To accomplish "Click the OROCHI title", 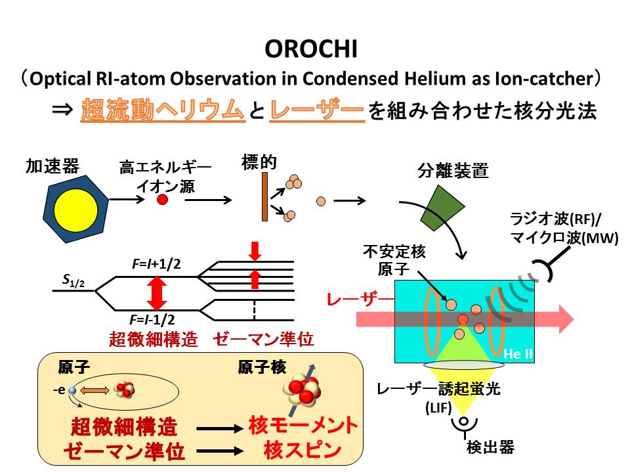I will [x=314, y=50].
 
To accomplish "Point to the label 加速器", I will [x=52, y=166].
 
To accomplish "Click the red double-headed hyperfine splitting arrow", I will [x=156, y=293].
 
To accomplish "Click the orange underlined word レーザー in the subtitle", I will [x=317, y=110].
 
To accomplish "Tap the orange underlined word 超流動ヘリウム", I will [x=162, y=110].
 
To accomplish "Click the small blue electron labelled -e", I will [x=72, y=390].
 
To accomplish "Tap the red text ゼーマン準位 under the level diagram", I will [x=263, y=340].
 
